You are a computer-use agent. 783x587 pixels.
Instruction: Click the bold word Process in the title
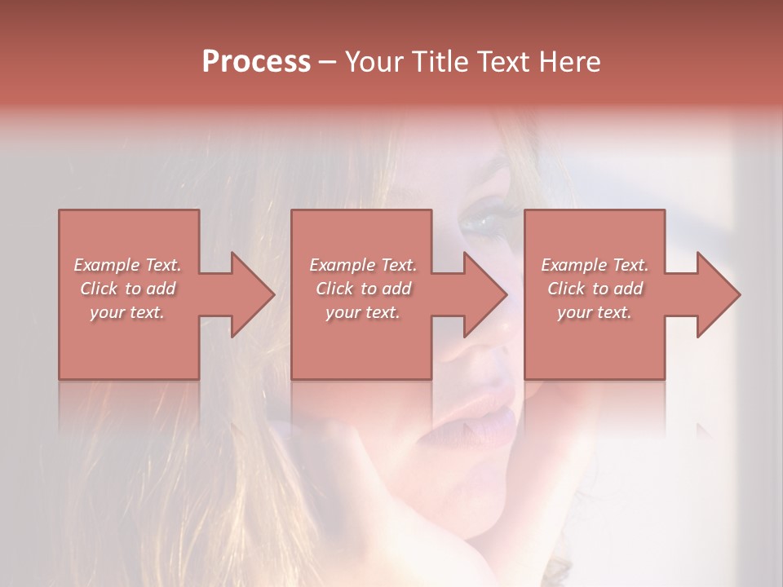point(256,62)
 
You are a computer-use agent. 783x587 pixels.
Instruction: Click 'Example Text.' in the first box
point(128,265)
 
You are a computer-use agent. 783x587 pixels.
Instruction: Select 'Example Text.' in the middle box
point(363,265)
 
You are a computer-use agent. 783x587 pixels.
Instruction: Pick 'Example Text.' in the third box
point(595,265)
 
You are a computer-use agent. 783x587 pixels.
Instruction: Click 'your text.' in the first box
point(127,312)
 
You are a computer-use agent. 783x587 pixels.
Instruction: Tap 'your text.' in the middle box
point(363,312)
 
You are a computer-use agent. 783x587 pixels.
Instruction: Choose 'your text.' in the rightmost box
point(595,312)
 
